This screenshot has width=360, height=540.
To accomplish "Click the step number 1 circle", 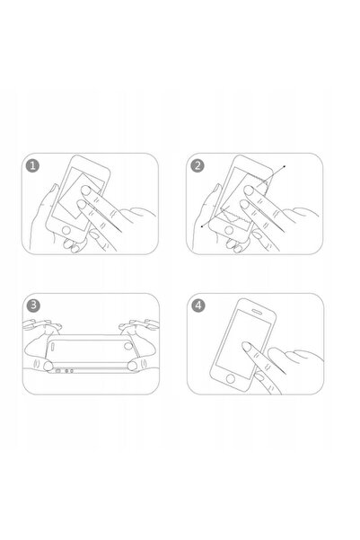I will (x=33, y=166).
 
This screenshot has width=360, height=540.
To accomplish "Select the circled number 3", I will (x=33, y=305).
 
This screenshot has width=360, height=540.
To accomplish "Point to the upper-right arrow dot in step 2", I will (x=285, y=167).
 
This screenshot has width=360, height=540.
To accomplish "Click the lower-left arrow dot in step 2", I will (x=204, y=228).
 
